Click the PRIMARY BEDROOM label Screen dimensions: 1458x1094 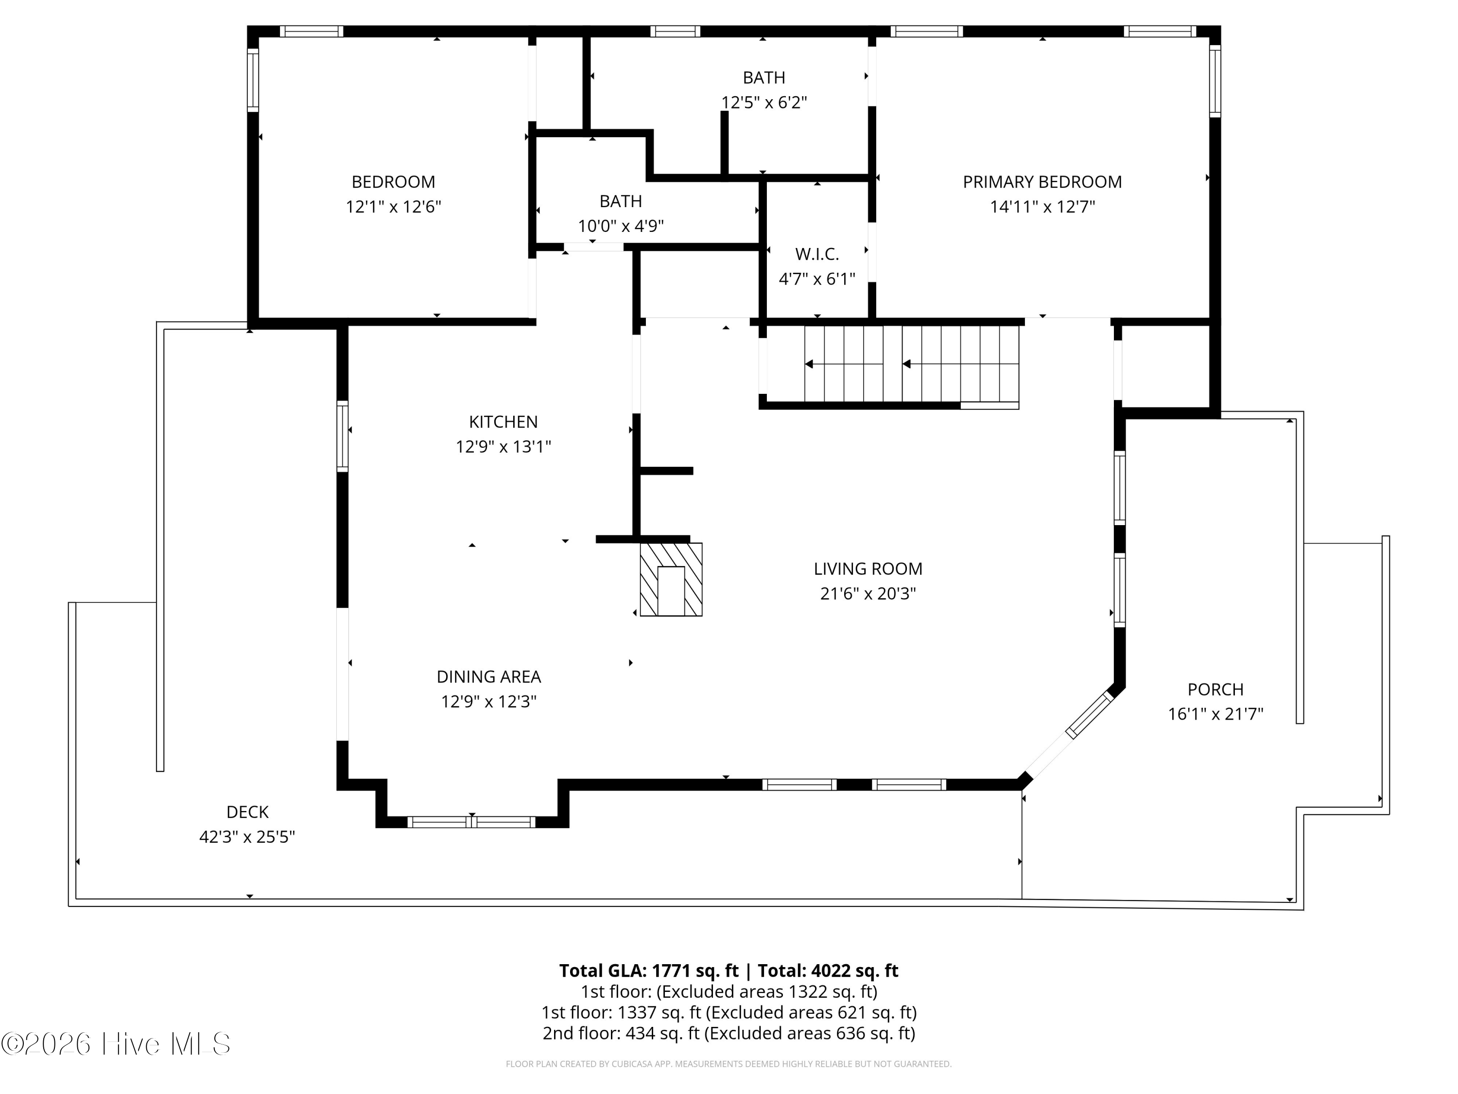coord(1042,182)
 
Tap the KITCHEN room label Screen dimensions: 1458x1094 coord(503,422)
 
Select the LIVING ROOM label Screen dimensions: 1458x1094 coord(868,569)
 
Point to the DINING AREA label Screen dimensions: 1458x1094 coord(488,677)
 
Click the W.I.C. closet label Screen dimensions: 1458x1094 coord(816,254)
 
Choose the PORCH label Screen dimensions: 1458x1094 coord(1215,689)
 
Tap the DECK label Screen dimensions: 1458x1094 coord(247,812)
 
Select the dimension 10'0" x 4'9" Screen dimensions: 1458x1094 coord(620,226)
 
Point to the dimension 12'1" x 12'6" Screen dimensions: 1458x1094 coord(393,207)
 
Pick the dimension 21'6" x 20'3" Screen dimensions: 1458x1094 coord(868,594)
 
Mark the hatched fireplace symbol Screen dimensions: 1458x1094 coord(671,580)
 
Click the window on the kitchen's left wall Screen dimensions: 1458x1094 coord(342,436)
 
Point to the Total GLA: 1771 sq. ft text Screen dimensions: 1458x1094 coord(649,970)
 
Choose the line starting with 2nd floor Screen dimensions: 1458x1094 coord(729,1033)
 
